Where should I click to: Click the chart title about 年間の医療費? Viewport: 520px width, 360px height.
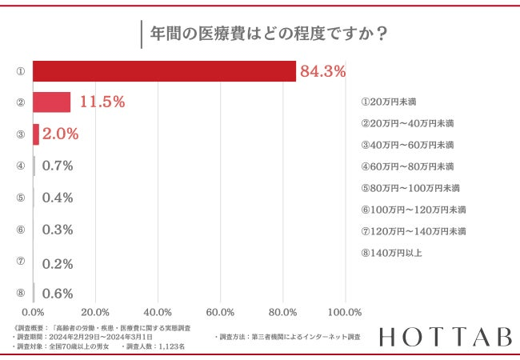pos(260,34)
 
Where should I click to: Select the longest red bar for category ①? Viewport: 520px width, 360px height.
pos(165,70)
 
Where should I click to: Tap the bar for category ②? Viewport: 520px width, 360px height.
pos(52,102)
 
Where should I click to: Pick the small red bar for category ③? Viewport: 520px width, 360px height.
pos(36,134)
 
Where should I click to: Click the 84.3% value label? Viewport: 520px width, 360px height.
pos(322,71)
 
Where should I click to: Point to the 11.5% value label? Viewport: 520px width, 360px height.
pos(102,102)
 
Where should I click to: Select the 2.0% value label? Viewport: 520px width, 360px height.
pos(61,134)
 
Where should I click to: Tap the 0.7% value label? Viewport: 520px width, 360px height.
pos(58,166)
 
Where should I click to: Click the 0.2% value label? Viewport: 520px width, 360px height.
pos(58,262)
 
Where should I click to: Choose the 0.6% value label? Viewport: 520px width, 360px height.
pos(58,293)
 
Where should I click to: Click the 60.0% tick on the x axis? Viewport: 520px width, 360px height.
pos(220,311)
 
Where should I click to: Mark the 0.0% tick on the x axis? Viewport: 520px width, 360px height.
pos(34,311)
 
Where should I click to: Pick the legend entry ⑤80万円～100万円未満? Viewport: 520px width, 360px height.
pos(410,188)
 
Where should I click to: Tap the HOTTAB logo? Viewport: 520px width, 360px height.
pos(445,338)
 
